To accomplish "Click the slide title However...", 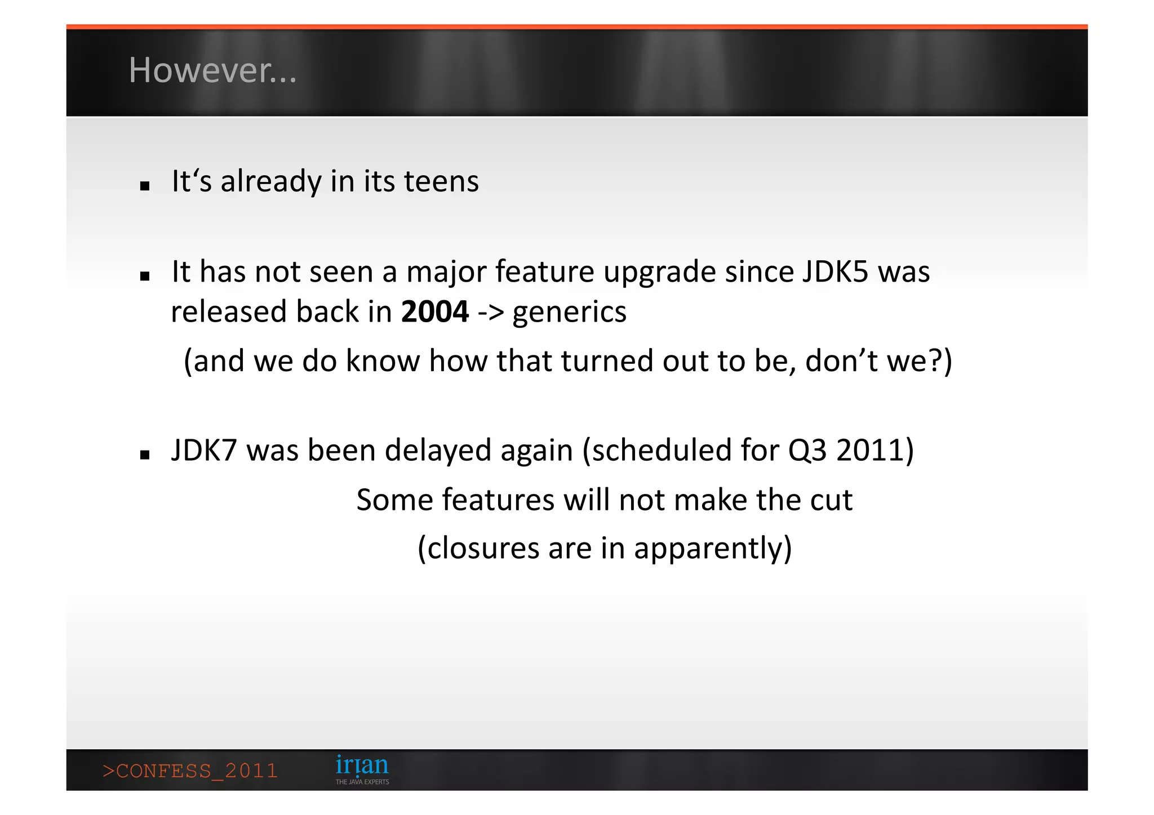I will click(212, 70).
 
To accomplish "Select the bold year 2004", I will click(434, 311).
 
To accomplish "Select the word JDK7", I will click(204, 451).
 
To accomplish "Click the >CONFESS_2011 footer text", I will click(190, 771).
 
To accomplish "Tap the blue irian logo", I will click(362, 765).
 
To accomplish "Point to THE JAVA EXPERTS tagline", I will click(362, 782).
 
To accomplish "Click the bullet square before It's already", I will click(145, 186).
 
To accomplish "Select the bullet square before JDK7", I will click(145, 455).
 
